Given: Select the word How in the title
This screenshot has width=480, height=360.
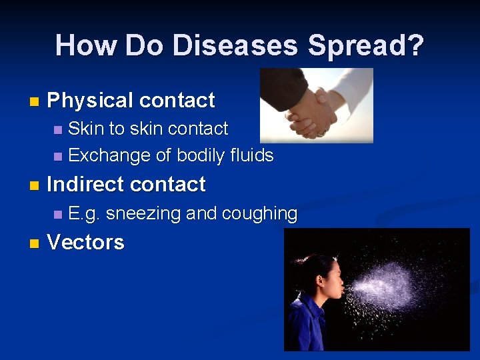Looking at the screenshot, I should click(x=86, y=45).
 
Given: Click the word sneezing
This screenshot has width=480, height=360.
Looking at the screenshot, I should click(x=143, y=213).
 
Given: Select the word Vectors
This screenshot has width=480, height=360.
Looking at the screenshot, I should click(x=85, y=242).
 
